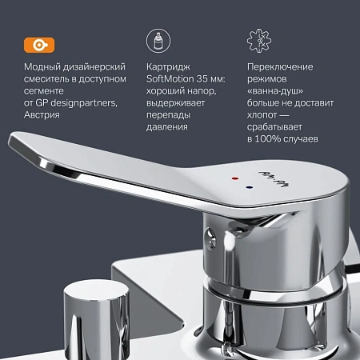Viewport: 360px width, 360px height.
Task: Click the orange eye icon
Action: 35,41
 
